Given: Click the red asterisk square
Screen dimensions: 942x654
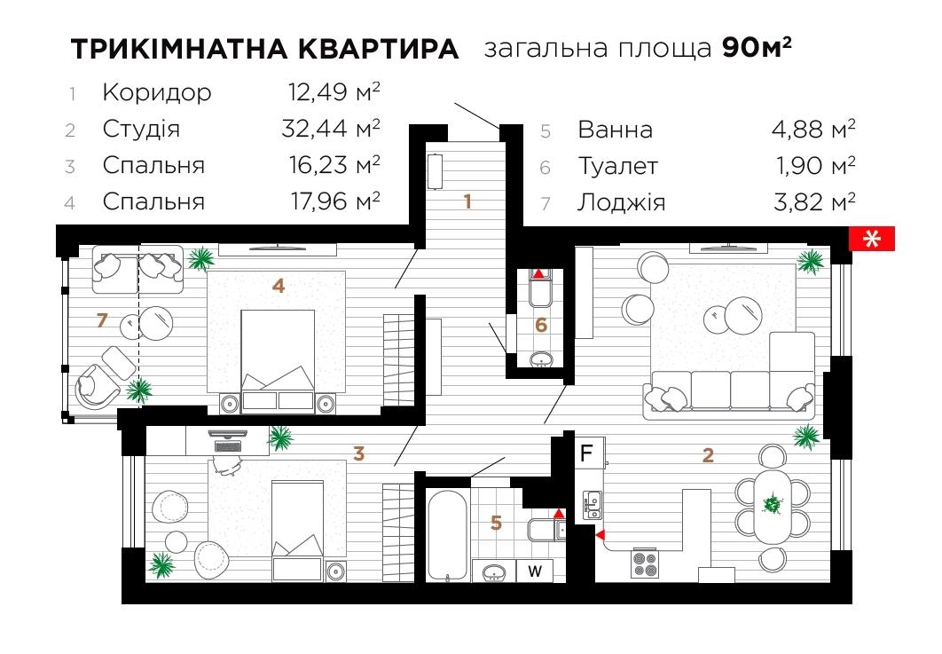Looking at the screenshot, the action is [x=871, y=239].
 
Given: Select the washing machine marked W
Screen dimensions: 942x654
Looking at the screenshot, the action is [x=535, y=571].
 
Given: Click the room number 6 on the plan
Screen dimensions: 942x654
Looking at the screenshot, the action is [x=541, y=325].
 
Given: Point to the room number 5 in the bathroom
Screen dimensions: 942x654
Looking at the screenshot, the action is [x=496, y=523].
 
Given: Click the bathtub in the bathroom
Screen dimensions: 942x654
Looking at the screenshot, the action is [x=446, y=536].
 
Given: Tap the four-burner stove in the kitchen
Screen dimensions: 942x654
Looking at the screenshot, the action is [x=645, y=563].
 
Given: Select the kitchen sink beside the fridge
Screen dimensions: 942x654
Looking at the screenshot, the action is [x=592, y=505].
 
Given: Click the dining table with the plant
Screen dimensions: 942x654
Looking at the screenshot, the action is [x=773, y=506].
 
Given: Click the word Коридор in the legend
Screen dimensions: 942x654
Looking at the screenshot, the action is [x=157, y=92].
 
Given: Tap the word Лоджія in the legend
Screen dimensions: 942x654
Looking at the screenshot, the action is [x=621, y=202].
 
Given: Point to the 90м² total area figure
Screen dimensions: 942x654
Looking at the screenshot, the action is [x=757, y=47].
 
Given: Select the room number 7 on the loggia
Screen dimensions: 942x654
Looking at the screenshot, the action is [x=101, y=320].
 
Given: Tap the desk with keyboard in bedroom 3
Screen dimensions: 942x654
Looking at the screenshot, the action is [x=227, y=441].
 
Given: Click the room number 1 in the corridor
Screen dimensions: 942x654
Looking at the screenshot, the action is [x=467, y=201].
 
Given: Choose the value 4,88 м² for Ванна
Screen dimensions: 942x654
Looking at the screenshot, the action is [x=812, y=130].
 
